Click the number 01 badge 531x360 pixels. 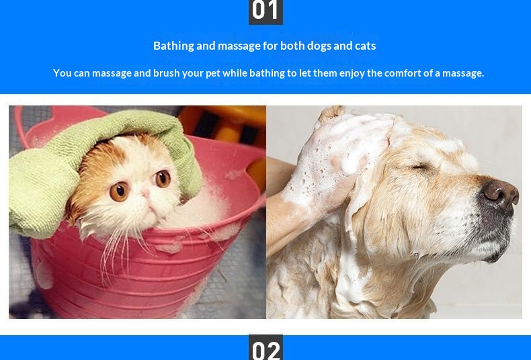pyautogui.click(x=266, y=12)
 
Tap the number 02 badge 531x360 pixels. pyautogui.click(x=266, y=347)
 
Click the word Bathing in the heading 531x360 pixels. pyautogui.click(x=173, y=46)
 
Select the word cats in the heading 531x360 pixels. pyautogui.click(x=366, y=46)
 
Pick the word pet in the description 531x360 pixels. pyautogui.click(x=213, y=74)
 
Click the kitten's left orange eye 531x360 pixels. pyautogui.click(x=119, y=191)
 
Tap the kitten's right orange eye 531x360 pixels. pyautogui.click(x=163, y=179)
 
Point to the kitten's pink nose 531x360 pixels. pyautogui.click(x=147, y=194)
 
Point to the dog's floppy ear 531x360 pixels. pyautogui.click(x=379, y=216)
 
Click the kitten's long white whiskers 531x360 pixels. pyautogui.click(x=115, y=251)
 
